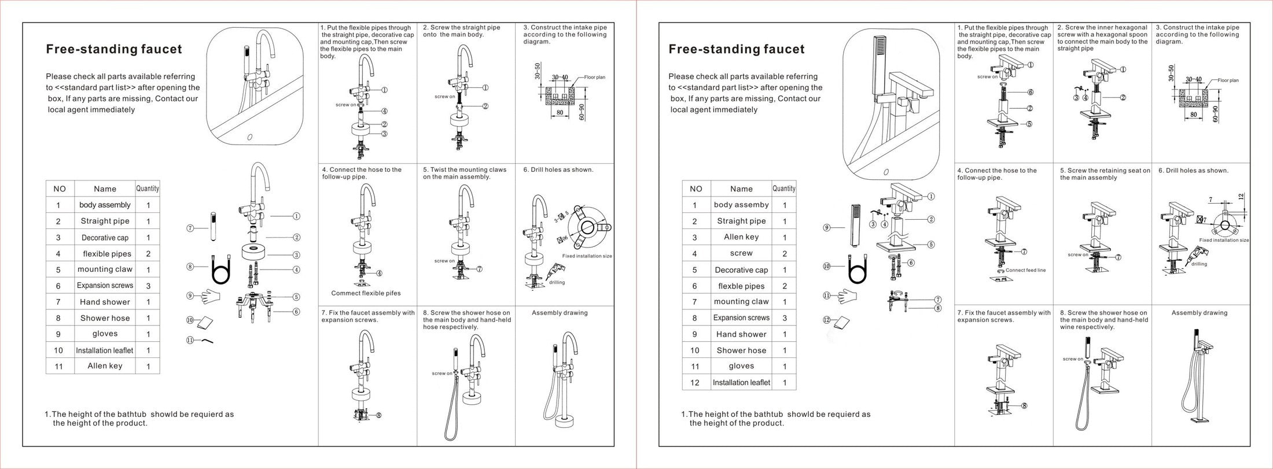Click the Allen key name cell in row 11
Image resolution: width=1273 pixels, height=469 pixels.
click(x=105, y=366)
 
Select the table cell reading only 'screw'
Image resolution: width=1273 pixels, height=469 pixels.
click(x=741, y=253)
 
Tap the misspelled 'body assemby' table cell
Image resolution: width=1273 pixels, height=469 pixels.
click(x=741, y=205)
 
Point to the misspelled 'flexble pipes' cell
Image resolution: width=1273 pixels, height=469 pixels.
click(x=741, y=286)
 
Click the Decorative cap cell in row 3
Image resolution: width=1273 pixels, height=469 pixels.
click(x=105, y=238)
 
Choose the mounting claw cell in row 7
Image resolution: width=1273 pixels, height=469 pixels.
click(x=741, y=301)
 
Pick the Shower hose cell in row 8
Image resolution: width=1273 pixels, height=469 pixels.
click(x=105, y=318)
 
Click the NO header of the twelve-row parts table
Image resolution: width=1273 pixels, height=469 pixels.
click(x=696, y=189)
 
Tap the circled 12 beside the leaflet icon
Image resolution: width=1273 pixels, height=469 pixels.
click(x=827, y=320)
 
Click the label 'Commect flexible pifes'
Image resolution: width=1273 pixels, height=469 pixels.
click(x=366, y=293)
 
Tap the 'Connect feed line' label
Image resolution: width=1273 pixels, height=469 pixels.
click(x=1025, y=270)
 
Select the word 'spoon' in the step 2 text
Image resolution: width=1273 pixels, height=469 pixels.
click(x=1138, y=35)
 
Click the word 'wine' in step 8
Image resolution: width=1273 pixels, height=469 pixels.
click(x=1068, y=327)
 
